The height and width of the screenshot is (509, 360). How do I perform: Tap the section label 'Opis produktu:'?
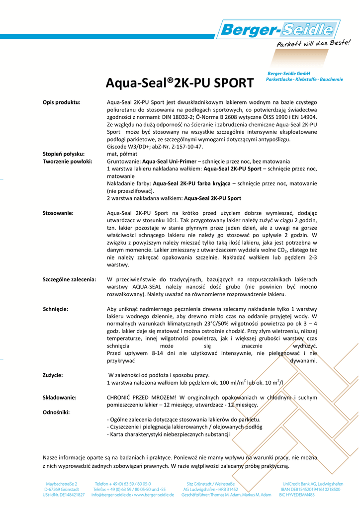[62, 102]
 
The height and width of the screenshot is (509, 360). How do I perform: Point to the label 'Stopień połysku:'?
[64, 154]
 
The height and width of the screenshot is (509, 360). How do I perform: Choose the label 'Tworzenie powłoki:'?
[67, 162]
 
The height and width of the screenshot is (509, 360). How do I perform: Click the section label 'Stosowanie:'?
[58, 213]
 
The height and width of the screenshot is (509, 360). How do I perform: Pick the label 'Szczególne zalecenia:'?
[70, 279]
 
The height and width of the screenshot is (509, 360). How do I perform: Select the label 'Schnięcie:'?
[56, 309]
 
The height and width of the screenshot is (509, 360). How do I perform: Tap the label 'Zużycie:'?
[53, 375]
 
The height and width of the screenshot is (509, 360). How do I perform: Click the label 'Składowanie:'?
[60, 397]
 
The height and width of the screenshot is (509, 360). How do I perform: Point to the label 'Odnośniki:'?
[56, 412]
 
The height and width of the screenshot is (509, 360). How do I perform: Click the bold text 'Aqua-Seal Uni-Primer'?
[169, 162]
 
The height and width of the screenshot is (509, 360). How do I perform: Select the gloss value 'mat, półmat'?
[122, 154]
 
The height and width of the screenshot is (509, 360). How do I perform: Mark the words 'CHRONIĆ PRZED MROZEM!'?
[142, 397]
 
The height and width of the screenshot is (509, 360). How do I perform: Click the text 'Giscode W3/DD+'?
[130, 147]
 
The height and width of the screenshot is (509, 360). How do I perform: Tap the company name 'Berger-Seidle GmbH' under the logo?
[289, 74]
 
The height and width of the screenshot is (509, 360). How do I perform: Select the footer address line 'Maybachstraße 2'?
[62, 483]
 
